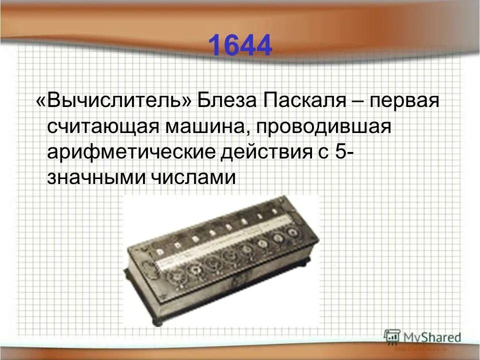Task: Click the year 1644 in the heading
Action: click(239, 45)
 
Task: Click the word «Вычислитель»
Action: click(113, 101)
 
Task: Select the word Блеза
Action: click(225, 101)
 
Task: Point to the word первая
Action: click(404, 101)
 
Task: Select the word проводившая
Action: click(322, 127)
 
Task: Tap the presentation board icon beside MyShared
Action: click(392, 337)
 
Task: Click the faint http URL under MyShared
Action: click(420, 348)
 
